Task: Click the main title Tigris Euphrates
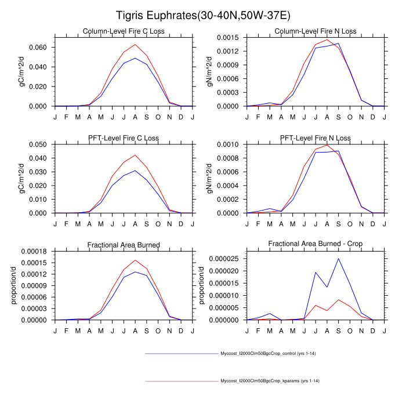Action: (x=202, y=14)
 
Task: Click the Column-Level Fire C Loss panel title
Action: (x=124, y=31)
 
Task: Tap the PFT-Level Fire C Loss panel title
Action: (x=124, y=138)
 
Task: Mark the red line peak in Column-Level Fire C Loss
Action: (x=135, y=44)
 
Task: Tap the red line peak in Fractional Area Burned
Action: (x=135, y=260)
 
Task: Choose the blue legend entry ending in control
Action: (x=267, y=353)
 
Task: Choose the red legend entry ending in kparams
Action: (x=267, y=381)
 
